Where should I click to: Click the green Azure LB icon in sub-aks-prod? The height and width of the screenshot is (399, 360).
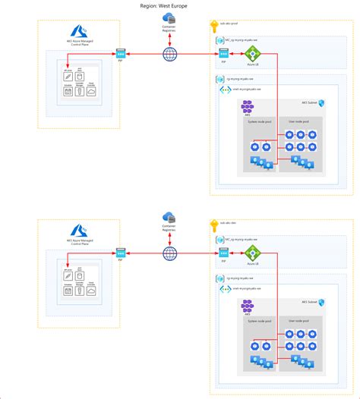(x=251, y=54)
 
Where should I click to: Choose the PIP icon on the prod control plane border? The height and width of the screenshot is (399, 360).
(x=120, y=54)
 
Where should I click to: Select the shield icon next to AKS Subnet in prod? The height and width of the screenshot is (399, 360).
(x=321, y=102)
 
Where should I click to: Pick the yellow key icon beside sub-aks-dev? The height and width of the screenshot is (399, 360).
(x=214, y=225)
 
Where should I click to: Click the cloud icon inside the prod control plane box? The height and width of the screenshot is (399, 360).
(x=90, y=92)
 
